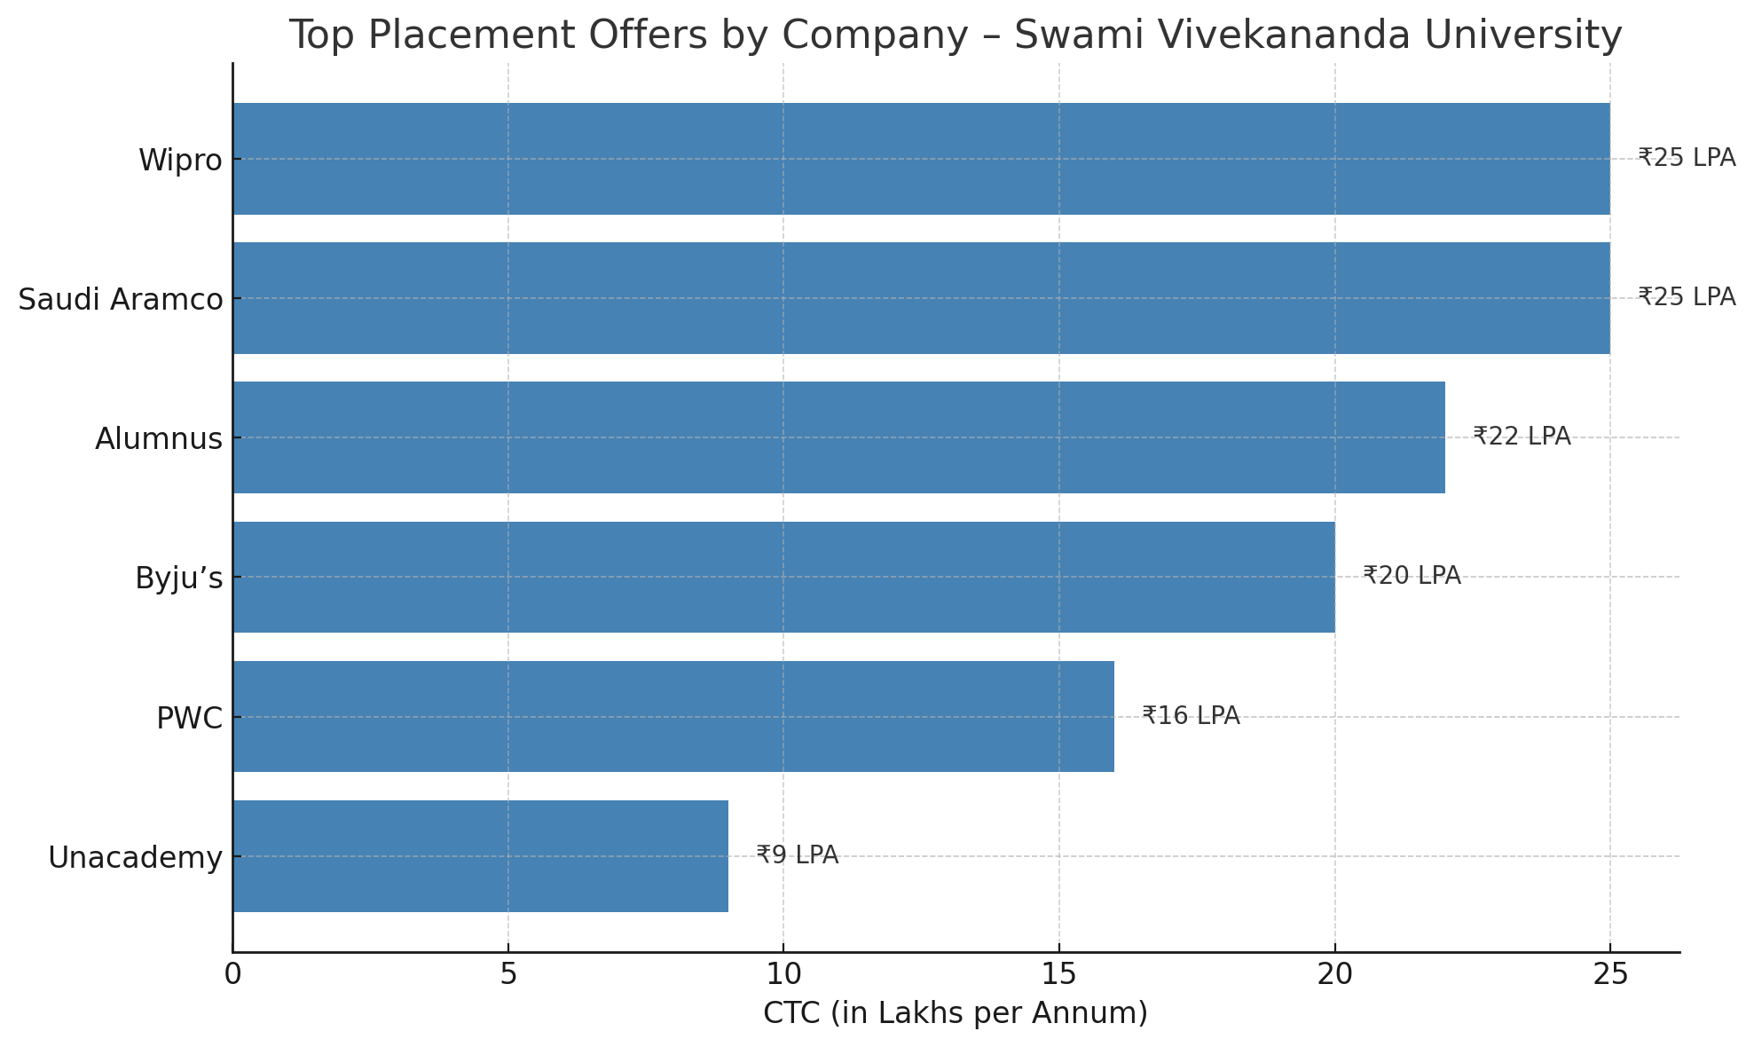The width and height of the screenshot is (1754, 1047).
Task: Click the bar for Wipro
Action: pos(921,159)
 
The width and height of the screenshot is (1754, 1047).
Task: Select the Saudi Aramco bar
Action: pos(921,298)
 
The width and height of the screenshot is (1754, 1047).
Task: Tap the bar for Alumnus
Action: pos(838,437)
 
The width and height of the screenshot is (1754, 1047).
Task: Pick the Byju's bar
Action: pos(783,577)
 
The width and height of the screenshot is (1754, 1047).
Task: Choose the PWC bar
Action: pos(673,716)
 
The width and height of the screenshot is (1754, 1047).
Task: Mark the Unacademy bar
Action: pos(480,856)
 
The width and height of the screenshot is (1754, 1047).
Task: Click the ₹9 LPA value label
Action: pos(797,855)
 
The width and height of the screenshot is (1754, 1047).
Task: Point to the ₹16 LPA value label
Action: pos(1191,716)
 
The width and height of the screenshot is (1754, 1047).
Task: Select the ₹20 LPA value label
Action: pos(1412,576)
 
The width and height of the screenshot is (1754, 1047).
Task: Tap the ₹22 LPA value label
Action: pos(1522,437)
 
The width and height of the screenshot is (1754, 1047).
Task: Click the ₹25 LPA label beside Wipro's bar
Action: pos(1687,158)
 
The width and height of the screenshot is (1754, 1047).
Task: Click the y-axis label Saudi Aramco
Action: pos(121,300)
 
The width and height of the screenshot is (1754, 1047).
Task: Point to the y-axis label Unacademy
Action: pos(135,858)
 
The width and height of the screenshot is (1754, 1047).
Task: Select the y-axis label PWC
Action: pos(189,718)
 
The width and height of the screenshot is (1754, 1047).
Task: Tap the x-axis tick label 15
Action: pos(1058,975)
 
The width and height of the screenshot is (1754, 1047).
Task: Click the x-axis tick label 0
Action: pos(232,975)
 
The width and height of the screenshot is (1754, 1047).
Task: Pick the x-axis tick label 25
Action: pos(1609,975)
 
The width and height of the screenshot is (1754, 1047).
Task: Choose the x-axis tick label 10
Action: pos(783,975)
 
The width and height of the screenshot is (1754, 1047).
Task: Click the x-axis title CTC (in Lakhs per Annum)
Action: pos(956,1013)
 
